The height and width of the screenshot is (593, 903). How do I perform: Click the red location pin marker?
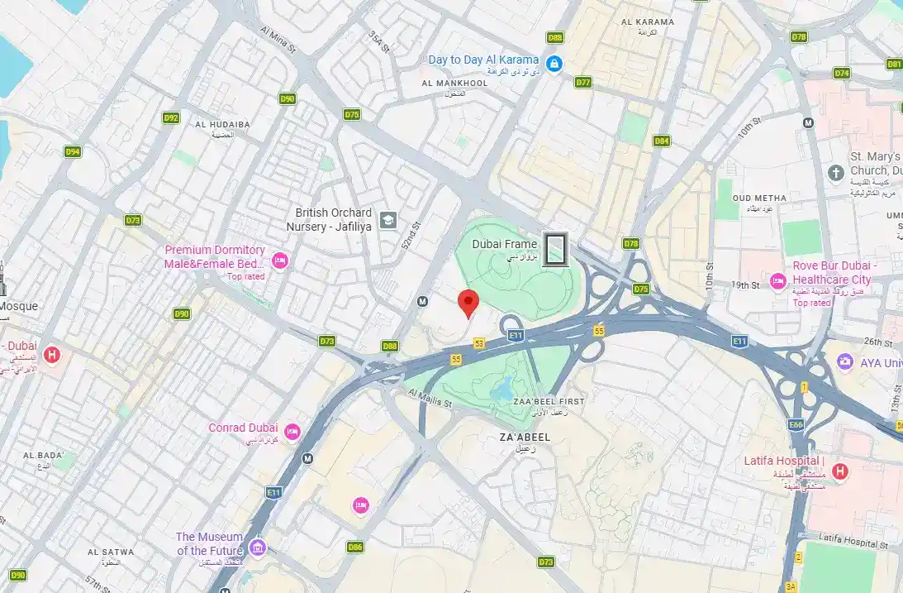(x=468, y=304)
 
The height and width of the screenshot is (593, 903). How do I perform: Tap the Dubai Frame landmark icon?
(x=557, y=249)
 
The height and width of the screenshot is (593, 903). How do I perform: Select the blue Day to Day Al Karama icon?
(x=554, y=62)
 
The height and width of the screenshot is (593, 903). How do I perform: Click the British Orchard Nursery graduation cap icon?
(x=388, y=220)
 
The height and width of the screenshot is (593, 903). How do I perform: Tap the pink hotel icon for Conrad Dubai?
(x=292, y=432)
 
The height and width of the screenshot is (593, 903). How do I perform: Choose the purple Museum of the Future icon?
(x=258, y=548)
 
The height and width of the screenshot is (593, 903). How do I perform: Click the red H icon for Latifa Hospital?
(x=839, y=471)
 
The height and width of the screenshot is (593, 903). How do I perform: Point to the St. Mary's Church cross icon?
(x=835, y=172)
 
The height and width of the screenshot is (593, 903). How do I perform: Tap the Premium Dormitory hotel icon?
(x=279, y=261)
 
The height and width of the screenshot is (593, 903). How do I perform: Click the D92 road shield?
(x=171, y=117)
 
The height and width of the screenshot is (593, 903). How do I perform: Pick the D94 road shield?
(x=74, y=151)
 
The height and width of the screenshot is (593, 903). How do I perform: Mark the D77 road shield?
(x=583, y=82)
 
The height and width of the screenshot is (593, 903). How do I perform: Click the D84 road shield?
(x=661, y=141)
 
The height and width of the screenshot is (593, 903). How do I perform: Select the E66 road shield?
(x=796, y=424)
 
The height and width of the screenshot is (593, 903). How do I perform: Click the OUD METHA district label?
(x=759, y=198)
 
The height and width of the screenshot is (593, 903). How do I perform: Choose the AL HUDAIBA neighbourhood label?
(x=222, y=124)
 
